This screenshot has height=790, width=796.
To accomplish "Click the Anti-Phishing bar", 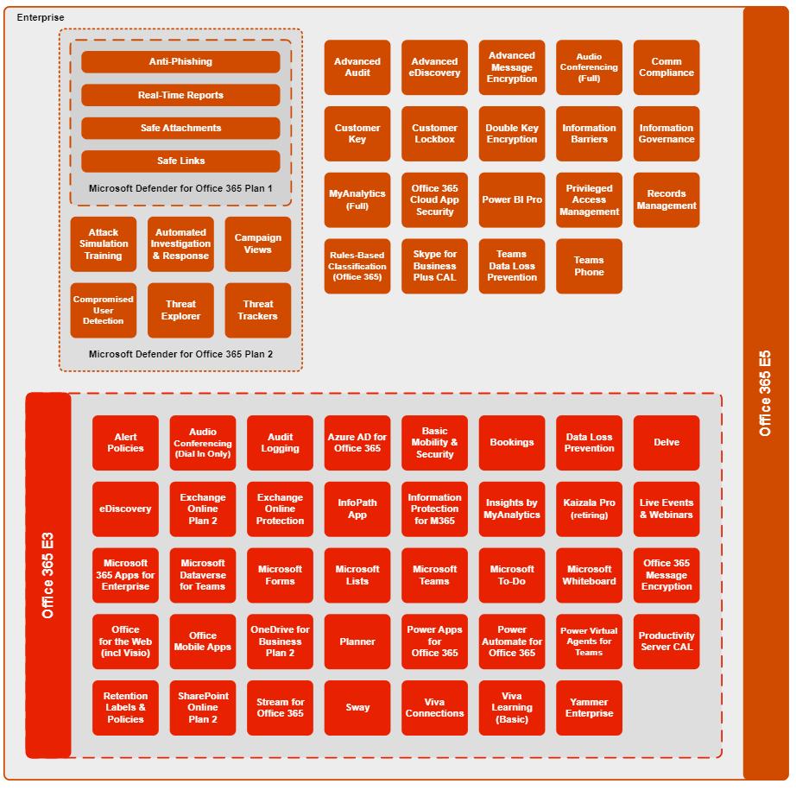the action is click(x=180, y=62).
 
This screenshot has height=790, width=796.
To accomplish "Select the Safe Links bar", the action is click(x=180, y=161).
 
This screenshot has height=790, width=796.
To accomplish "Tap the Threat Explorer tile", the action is click(x=180, y=310).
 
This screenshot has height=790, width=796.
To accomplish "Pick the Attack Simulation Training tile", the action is click(x=104, y=244).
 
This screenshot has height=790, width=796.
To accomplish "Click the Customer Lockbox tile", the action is click(x=434, y=134).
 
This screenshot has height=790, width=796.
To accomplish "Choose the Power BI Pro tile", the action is click(x=512, y=200).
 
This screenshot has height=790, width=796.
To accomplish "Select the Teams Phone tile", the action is click(x=589, y=266).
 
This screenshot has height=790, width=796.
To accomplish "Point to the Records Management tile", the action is click(x=666, y=200).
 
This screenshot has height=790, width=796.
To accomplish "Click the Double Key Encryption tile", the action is click(x=512, y=134).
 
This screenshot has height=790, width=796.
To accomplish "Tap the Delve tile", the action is click(x=666, y=443).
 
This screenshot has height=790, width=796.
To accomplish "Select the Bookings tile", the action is click(x=512, y=443).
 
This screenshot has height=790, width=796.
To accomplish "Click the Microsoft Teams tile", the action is click(x=434, y=575).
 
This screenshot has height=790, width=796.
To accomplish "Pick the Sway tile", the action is click(x=357, y=708).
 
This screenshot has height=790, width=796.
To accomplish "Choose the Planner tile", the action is click(x=357, y=641).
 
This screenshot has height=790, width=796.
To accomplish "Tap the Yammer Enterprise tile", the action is click(x=589, y=708).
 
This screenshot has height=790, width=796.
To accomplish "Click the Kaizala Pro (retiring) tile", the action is click(x=589, y=509).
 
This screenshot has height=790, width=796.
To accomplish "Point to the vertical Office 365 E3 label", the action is click(x=48, y=575).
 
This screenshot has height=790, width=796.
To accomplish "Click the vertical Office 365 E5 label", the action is click(x=766, y=393).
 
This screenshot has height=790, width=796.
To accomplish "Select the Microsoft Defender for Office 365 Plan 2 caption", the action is click(x=180, y=355).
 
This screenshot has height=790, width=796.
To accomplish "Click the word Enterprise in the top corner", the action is click(x=41, y=17).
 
